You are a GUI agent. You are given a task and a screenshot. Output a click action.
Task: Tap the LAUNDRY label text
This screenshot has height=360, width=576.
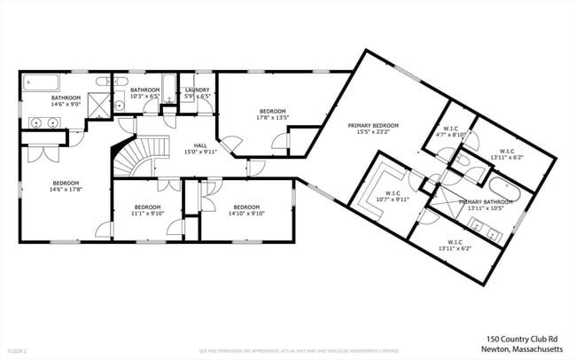(x=197, y=89)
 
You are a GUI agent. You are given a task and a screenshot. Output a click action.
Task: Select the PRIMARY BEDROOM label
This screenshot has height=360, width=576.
(x=372, y=126)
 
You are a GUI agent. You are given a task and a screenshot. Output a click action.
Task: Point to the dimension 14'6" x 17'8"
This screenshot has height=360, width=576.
(x=65, y=189)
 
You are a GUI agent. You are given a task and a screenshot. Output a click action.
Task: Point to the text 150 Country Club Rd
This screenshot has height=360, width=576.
(x=522, y=338)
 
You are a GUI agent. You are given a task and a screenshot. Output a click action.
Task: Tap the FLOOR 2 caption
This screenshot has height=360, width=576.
(x=15, y=350)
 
